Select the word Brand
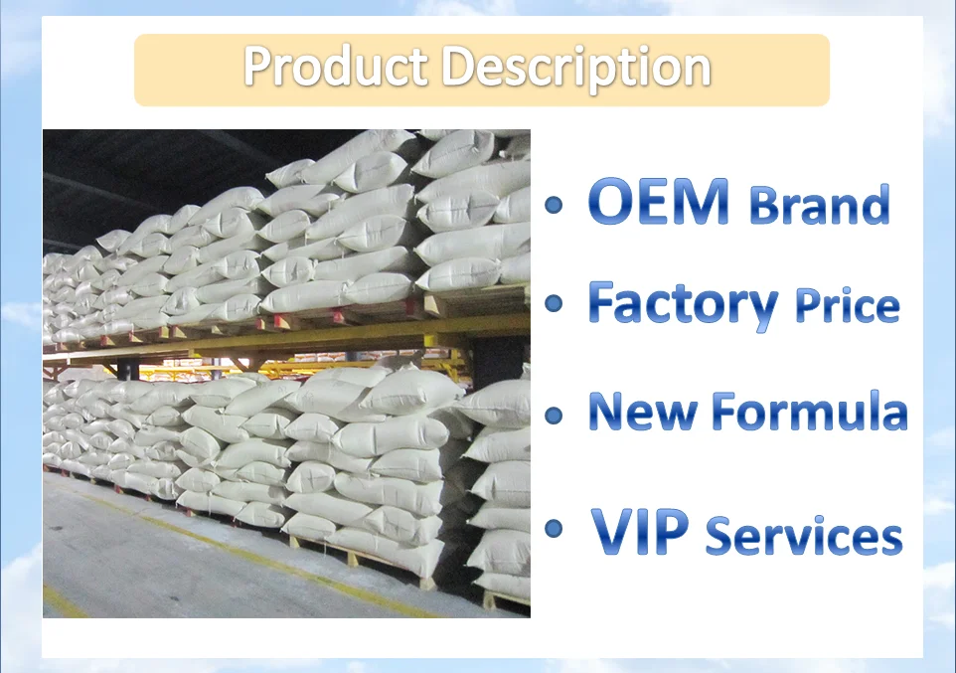coord(819,205)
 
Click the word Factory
coord(683,303)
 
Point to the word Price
coord(847,306)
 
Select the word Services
coord(804,535)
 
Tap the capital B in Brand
coord(764,205)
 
